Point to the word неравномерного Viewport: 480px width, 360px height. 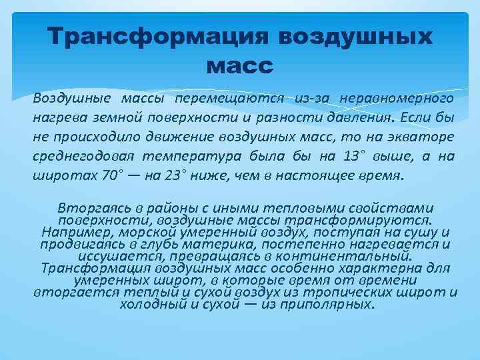pos(397,99)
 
